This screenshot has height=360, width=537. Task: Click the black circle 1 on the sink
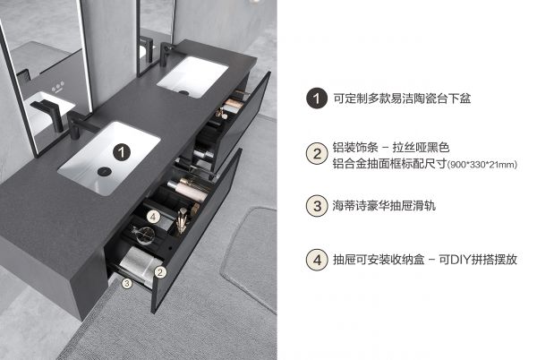pos(122,151)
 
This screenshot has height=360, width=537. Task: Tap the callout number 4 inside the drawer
pos(153,217)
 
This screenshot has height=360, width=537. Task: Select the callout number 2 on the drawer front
pos(160,272)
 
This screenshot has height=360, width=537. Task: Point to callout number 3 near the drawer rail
pos(127,283)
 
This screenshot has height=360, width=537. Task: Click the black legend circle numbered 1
pos(317,99)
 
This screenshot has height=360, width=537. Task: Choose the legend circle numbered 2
pos(317,153)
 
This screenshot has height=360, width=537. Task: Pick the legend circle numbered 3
pos(317,206)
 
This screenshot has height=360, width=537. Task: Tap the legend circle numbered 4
pos(317,260)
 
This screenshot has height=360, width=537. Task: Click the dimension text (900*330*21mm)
pos(482,165)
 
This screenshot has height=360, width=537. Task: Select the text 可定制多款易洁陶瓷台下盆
pos(402,99)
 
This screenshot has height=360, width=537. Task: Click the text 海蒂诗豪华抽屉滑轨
pos(384,205)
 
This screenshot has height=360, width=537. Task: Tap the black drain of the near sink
pos(104,171)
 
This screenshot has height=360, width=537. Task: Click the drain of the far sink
pos(183,92)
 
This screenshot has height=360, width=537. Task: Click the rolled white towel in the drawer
pos(137,262)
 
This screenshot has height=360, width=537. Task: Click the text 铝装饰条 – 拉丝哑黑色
pos(391,148)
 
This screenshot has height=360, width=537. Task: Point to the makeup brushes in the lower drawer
pos(183,220)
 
